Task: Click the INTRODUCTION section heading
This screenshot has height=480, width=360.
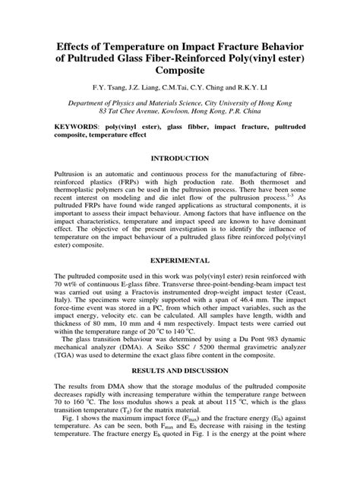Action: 180,158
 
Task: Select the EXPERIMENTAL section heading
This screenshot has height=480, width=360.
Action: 180,260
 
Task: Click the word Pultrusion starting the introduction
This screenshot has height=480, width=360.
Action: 70,174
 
